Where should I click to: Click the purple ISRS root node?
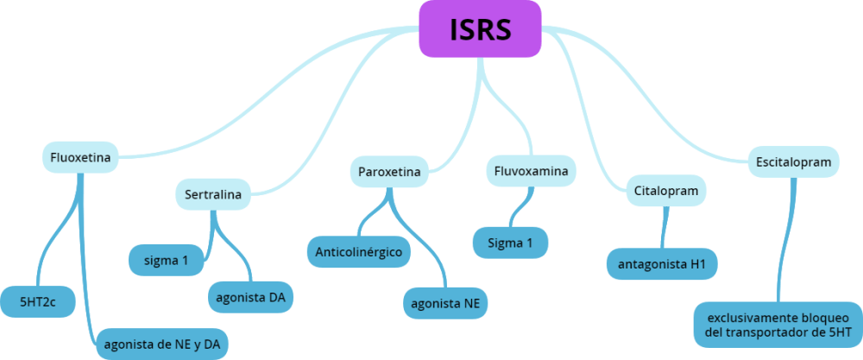pos(480,29)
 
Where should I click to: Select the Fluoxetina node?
pos(80,158)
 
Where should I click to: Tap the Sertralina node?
pos(213,194)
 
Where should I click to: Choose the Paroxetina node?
pos(389,172)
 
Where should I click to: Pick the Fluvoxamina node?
pos(531,171)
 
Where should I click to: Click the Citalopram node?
pos(665,190)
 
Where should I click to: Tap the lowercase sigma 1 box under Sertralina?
pos(167,260)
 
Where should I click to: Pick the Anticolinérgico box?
pos(358,252)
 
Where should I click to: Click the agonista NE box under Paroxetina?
pos(445,303)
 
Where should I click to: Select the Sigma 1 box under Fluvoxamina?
pos(510,243)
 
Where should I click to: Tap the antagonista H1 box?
pos(662,263)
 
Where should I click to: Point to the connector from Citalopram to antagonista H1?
pos(664,226)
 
